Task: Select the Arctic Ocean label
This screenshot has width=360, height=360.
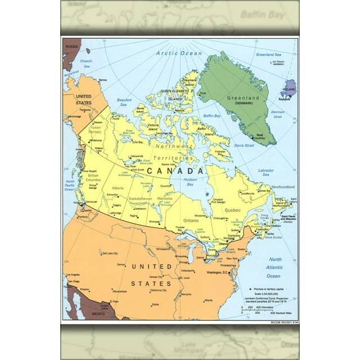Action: tap(178, 53)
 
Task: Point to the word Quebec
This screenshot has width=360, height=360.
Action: tap(232, 210)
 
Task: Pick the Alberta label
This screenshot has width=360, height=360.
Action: tap(118, 188)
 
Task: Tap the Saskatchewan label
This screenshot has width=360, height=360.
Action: tap(141, 199)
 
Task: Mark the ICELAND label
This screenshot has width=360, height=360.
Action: tap(289, 89)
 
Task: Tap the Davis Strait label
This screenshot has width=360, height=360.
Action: tap(245, 145)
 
